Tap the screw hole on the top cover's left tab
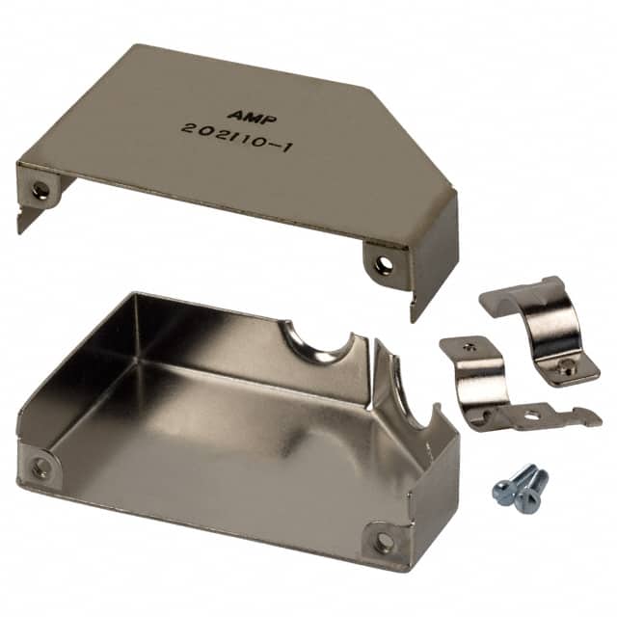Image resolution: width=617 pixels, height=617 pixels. (40, 187)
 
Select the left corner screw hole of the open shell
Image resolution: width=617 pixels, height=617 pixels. (40, 466)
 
